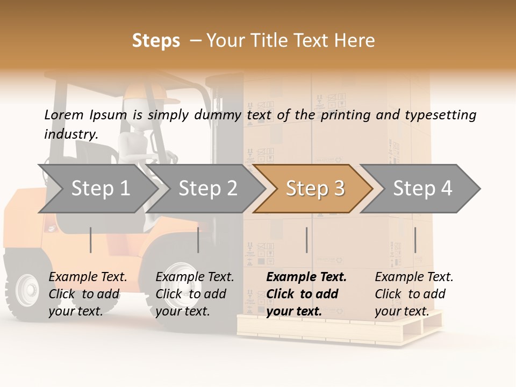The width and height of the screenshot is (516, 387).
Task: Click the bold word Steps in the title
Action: click(x=156, y=41)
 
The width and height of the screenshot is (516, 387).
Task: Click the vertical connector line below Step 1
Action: click(x=90, y=240)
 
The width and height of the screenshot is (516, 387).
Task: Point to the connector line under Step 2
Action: click(x=198, y=240)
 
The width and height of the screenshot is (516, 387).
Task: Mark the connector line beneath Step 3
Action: click(x=306, y=240)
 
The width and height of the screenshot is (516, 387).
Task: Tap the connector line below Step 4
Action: click(x=415, y=240)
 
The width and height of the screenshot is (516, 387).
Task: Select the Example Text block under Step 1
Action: click(x=88, y=294)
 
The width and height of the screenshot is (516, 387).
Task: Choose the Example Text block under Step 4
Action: click(x=414, y=294)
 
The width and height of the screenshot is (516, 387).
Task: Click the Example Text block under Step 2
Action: click(x=195, y=294)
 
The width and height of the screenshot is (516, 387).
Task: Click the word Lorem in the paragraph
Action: click(x=63, y=114)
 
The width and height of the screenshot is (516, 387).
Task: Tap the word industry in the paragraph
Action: click(x=70, y=134)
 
